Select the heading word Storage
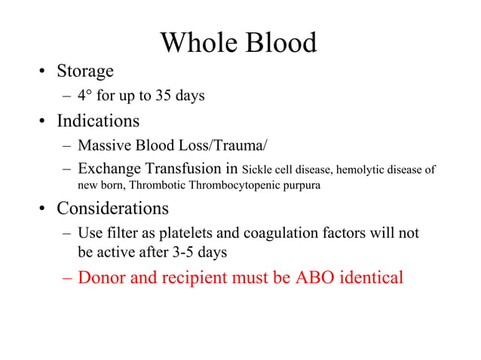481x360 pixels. pos(85,72)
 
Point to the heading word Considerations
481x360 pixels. pos(113,208)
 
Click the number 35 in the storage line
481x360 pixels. pos(164,96)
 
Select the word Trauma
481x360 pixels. pos(243,145)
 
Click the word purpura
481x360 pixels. pos(299,185)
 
